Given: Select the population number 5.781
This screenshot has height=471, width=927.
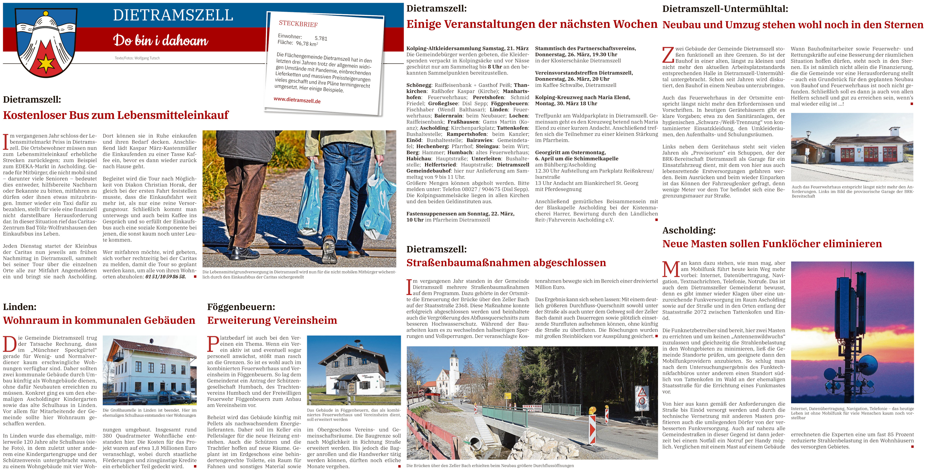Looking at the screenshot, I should point(321,38).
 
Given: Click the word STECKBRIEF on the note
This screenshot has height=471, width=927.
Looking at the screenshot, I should point(298,24).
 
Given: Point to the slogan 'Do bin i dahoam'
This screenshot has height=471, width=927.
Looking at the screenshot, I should point(161,40).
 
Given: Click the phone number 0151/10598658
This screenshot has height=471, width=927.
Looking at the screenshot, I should point(166,277).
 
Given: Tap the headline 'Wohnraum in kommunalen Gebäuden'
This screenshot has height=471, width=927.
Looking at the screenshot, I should point(99,320).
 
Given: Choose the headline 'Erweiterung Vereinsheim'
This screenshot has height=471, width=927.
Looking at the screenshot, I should point(272,320).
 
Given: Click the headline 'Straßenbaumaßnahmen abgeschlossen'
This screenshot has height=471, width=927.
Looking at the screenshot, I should point(506,263).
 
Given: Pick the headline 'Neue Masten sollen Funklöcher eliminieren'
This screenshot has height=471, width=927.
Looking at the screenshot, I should point(772,244).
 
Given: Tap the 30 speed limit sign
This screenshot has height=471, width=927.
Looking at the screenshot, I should point(642,401).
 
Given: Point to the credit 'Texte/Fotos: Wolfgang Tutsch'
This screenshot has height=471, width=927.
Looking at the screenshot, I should point(137,58).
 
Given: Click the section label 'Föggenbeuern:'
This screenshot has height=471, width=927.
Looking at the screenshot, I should point(241,307).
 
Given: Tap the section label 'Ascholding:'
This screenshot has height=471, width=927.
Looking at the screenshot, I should point(689,230).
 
